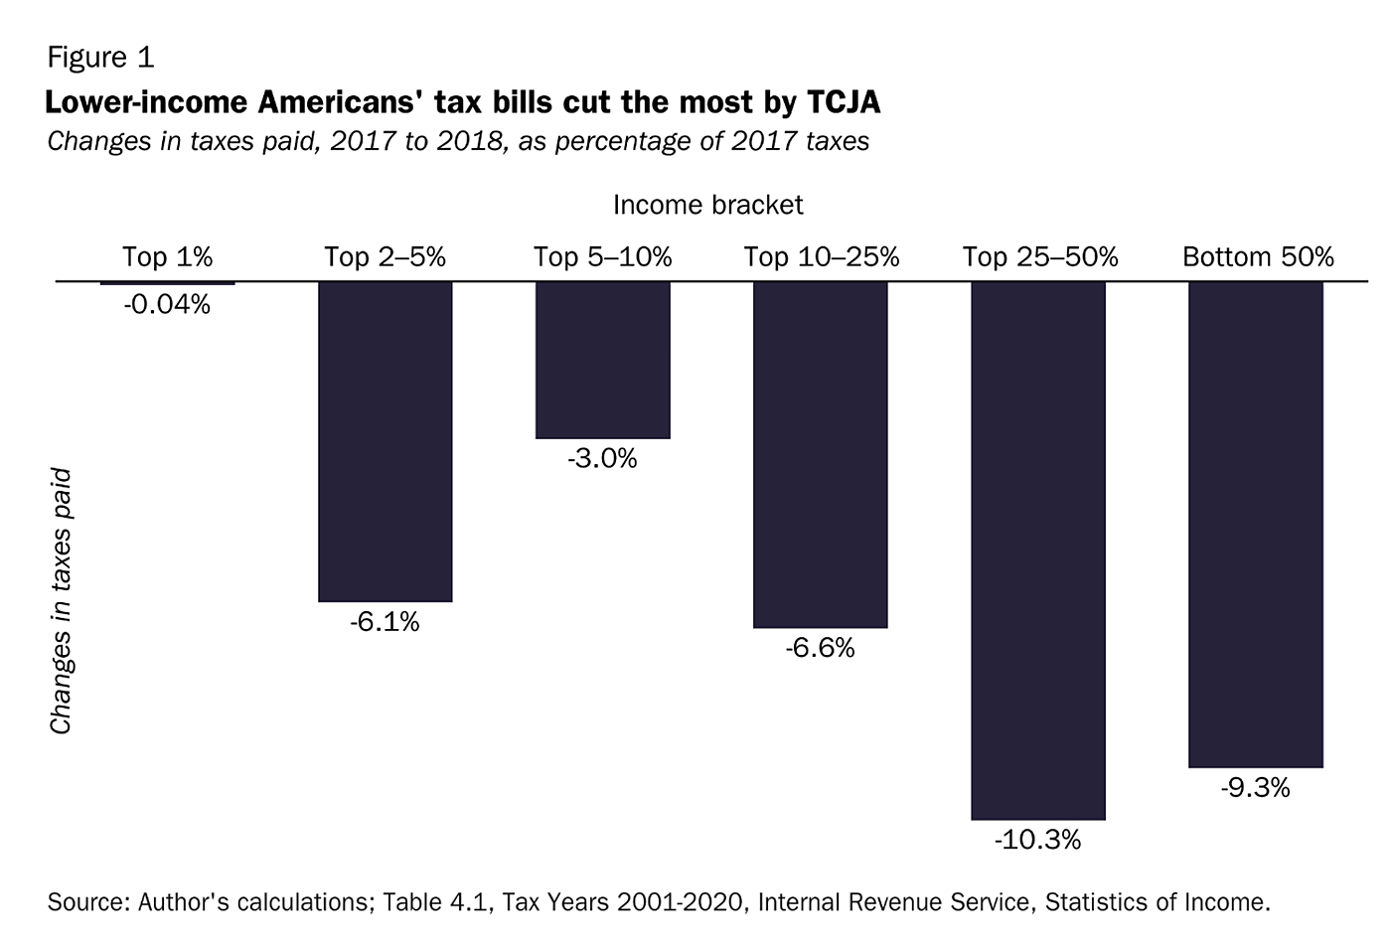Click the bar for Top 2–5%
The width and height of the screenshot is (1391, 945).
coord(385,441)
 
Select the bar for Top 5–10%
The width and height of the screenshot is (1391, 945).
coord(602,360)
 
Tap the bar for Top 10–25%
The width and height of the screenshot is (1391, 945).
coord(820,454)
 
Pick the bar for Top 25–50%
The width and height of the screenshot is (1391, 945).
coord(1038,551)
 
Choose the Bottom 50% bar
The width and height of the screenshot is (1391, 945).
coord(1256,524)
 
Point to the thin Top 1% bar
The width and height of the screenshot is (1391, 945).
coord(167,283)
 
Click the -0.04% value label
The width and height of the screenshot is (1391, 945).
coord(167,305)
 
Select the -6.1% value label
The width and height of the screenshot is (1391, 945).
coord(385,623)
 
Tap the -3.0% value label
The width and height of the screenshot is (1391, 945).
coord(602,459)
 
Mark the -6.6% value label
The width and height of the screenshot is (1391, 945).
coord(820,649)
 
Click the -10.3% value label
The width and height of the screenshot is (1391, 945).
coord(1037,841)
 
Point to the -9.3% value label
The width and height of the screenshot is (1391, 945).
coord(1256,789)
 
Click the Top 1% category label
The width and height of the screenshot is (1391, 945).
coord(167,257)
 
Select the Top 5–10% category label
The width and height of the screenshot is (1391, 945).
coord(602,257)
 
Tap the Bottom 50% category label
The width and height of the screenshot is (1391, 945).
coord(1258,257)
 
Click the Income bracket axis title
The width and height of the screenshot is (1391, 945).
coord(707,205)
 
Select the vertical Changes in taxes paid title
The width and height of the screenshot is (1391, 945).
coord(62,601)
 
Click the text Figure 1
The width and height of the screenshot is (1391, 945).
coord(100,58)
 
